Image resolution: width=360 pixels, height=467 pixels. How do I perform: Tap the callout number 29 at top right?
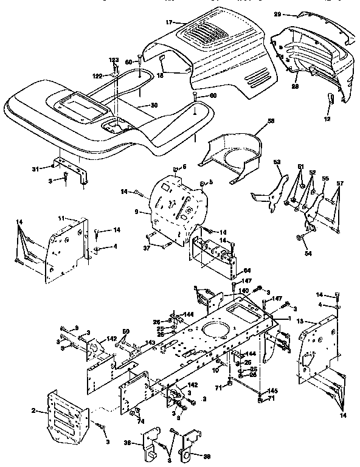[x=294, y=13]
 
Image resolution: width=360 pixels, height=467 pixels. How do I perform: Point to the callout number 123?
[x=114, y=60]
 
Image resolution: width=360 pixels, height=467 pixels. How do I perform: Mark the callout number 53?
[x=277, y=162]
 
